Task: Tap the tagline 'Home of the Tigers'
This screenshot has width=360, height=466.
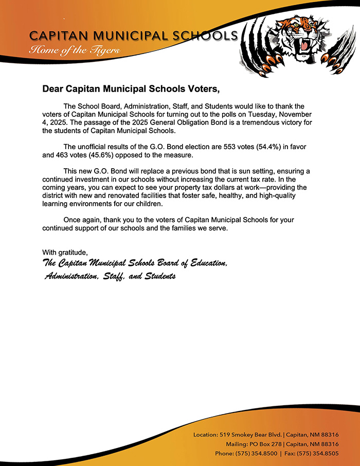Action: (75, 50)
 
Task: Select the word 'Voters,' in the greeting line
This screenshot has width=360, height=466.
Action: (204, 89)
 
